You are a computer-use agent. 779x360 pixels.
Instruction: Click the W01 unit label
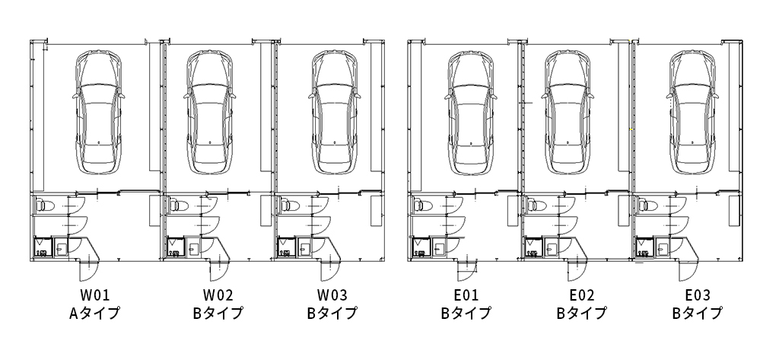coord(95,295)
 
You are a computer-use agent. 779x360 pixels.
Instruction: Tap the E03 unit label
coord(698,295)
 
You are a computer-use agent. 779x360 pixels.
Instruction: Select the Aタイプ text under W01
coord(95,313)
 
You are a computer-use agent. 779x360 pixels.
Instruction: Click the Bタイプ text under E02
coord(581,313)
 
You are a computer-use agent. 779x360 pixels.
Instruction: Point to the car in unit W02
coord(210,112)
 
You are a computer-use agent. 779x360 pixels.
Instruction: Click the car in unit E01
coord(470,113)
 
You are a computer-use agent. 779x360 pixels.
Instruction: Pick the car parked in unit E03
coord(692,113)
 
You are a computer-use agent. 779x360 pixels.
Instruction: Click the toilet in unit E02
coord(533,205)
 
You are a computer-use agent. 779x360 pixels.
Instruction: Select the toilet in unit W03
coord(287,205)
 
